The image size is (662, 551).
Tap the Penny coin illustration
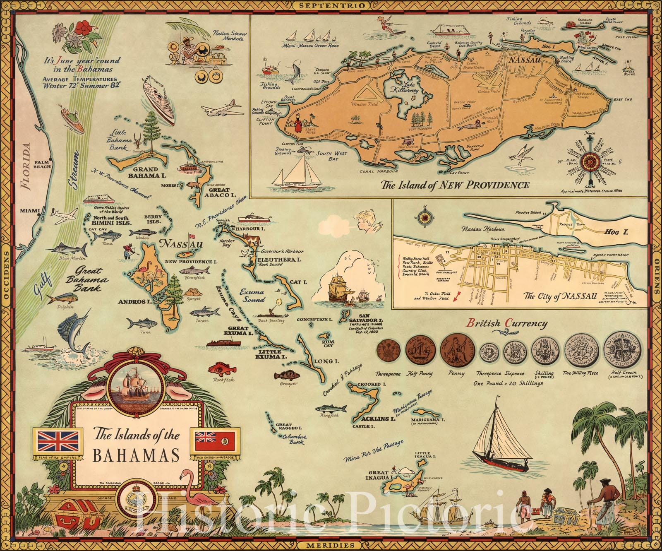point(455,349)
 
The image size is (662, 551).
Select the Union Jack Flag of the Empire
point(58,440)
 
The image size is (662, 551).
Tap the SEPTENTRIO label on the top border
point(331,5)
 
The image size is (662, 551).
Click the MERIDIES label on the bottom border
point(331,545)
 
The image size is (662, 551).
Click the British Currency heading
point(507,323)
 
